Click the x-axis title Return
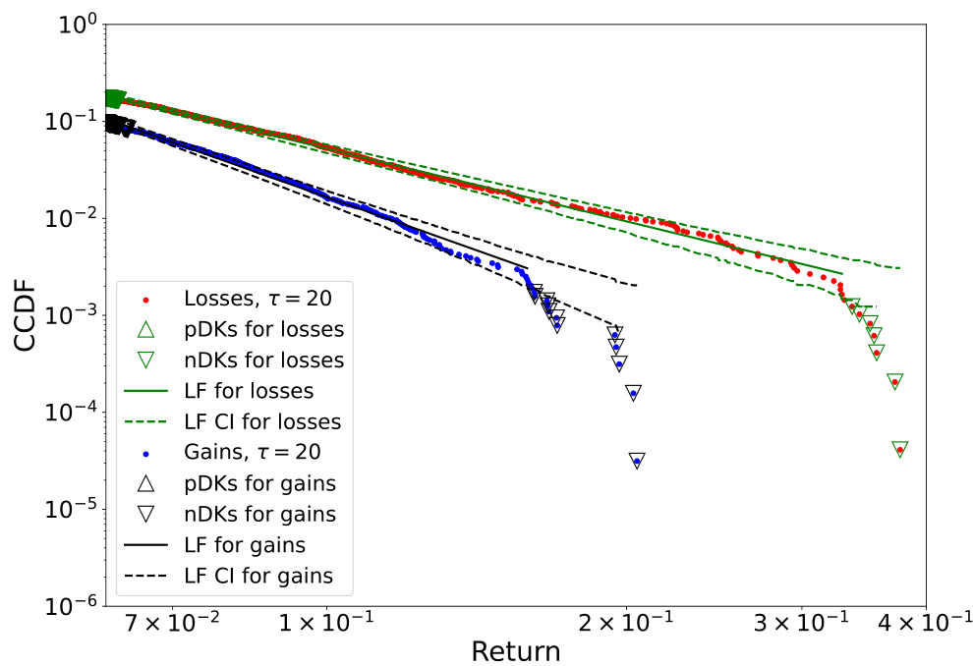(x=515, y=650)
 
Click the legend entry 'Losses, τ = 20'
(x=251, y=299)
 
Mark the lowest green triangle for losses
(x=899, y=449)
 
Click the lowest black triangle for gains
(x=637, y=461)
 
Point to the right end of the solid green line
(x=842, y=272)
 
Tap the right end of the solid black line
(x=528, y=266)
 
